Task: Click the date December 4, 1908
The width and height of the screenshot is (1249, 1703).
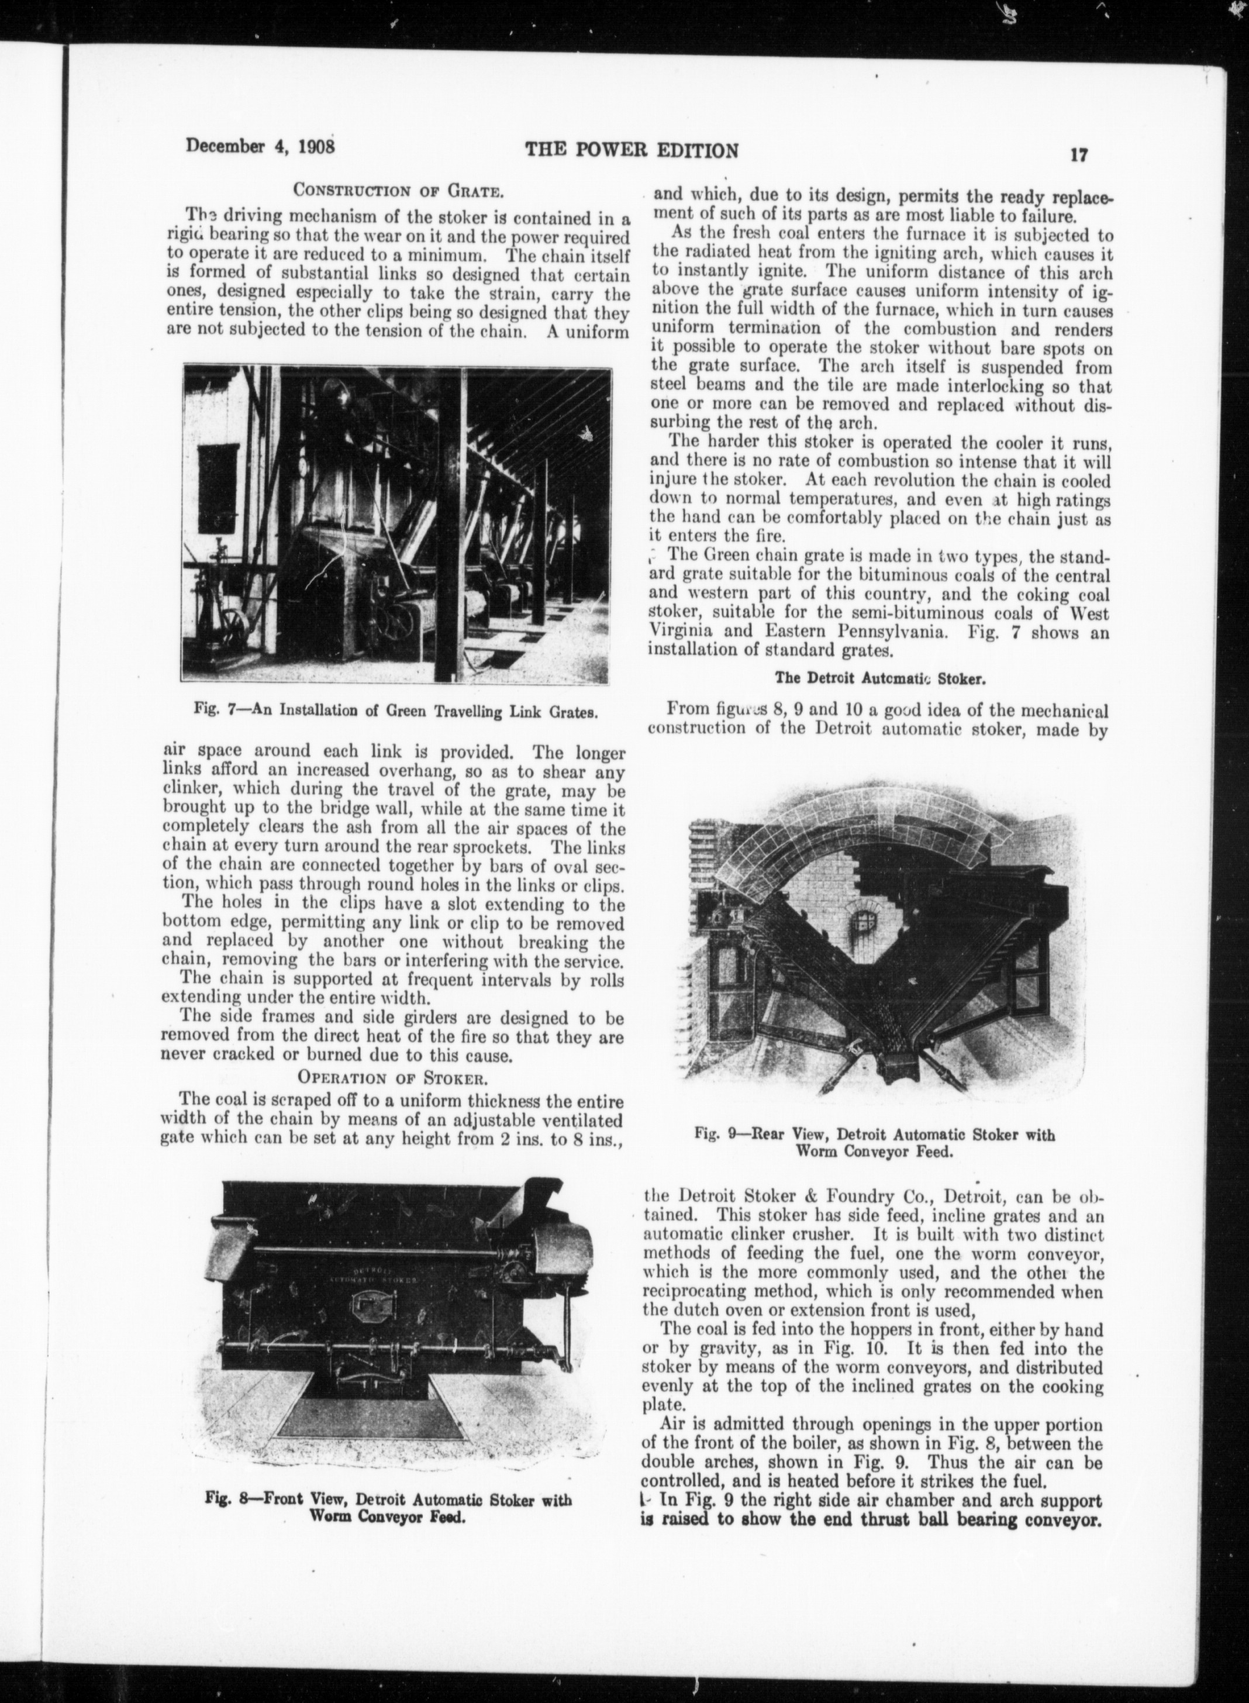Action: [x=260, y=146]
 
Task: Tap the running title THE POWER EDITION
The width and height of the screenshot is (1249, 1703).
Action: [x=632, y=150]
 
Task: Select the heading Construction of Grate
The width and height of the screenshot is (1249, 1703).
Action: [x=394, y=190]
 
